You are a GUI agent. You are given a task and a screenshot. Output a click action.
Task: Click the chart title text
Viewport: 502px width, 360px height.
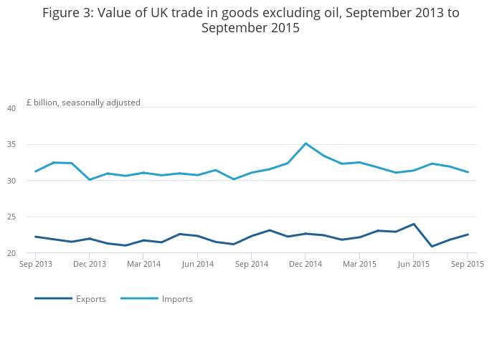tap(250, 20)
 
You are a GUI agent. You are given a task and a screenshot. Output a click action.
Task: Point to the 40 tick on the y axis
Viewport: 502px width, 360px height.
tap(11, 108)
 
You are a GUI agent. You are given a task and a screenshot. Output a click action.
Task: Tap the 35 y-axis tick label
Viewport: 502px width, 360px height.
tap(11, 144)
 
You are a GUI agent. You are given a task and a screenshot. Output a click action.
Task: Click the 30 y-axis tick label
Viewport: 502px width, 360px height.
tap(11, 181)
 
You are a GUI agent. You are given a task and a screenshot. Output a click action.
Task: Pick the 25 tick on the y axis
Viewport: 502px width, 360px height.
tap(11, 217)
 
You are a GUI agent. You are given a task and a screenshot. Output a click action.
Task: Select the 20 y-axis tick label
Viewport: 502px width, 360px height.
tap(11, 254)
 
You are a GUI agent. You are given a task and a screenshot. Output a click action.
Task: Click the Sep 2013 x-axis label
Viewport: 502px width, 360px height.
tap(35, 265)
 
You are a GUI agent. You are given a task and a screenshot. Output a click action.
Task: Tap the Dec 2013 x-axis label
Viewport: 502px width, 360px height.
tap(90, 265)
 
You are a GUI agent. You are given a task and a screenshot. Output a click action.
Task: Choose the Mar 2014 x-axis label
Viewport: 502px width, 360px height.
tap(143, 265)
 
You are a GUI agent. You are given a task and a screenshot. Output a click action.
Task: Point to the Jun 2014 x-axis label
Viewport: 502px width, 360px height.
tap(197, 265)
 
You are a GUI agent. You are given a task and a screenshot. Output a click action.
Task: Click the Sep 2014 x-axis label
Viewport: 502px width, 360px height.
tap(252, 265)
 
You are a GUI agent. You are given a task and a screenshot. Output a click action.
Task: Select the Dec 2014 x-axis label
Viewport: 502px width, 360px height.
tap(306, 265)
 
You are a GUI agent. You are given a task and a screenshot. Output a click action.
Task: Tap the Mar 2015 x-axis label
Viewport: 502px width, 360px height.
tap(359, 265)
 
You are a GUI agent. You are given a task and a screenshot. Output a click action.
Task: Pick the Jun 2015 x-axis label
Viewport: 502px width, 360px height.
tap(414, 265)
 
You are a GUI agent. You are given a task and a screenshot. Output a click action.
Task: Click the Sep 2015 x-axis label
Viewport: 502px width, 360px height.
tap(467, 265)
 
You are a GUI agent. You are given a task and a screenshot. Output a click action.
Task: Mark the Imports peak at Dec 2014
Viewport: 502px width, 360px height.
tap(306, 143)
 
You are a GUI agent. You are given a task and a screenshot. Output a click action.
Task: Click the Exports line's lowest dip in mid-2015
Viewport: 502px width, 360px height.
tap(432, 247)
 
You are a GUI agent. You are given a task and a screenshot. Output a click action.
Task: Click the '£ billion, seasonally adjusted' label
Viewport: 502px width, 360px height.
tap(83, 103)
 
